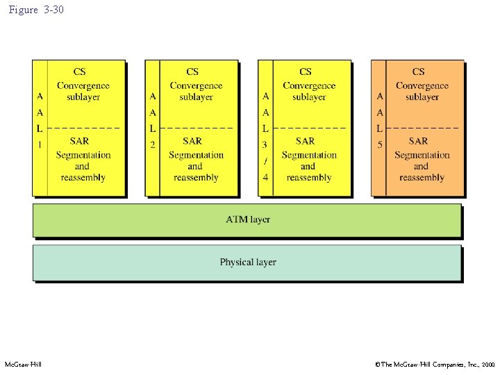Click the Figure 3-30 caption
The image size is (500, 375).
36,10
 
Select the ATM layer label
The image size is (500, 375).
248,219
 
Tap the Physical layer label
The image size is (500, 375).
248,262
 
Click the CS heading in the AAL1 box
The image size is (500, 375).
80,72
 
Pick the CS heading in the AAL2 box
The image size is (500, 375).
192,72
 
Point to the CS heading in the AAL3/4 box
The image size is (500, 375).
306,72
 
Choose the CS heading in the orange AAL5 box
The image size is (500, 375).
419,72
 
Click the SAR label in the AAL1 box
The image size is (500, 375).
80,141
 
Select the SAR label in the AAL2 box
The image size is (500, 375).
192,141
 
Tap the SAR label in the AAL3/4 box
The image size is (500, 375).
306,141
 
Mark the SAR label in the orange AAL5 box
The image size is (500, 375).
419,141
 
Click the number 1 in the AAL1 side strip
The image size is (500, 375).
40,144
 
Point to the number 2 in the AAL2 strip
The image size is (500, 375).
152,144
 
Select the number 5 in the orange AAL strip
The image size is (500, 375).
379,144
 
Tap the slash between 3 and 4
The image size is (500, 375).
265,160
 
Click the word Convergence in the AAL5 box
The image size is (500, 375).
422,85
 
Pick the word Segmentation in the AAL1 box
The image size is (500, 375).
83,155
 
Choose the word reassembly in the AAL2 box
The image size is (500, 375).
196,178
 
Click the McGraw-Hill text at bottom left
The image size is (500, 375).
23,365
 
